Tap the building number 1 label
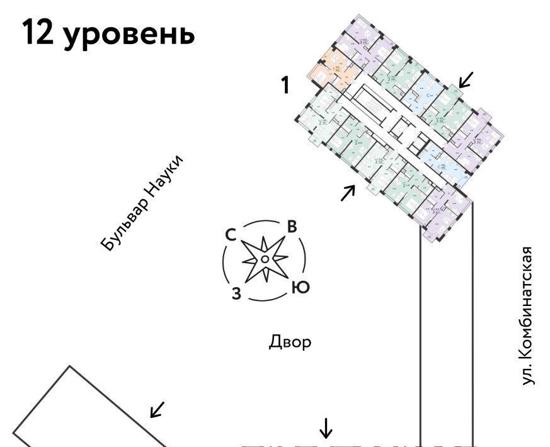pyautogui.click(x=285, y=85)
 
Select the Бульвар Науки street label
pyautogui.click(x=144, y=203)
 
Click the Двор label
pyautogui.click(x=290, y=342)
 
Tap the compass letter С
pyautogui.click(x=231, y=235)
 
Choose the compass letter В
pyautogui.click(x=292, y=228)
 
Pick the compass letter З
pyautogui.click(x=236, y=293)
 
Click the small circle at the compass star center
pyautogui.click(x=265, y=259)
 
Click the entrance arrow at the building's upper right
pyautogui.click(x=466, y=80)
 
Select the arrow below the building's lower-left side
pyautogui.click(x=347, y=193)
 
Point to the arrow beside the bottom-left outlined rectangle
pyautogui.click(x=158, y=409)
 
